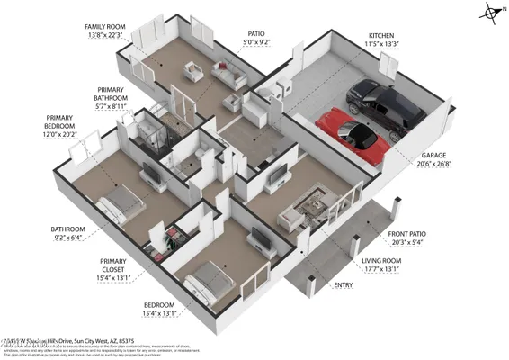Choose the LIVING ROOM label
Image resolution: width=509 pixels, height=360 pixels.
click(380, 260)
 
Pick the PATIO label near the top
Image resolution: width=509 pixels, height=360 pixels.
click(256, 33)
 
